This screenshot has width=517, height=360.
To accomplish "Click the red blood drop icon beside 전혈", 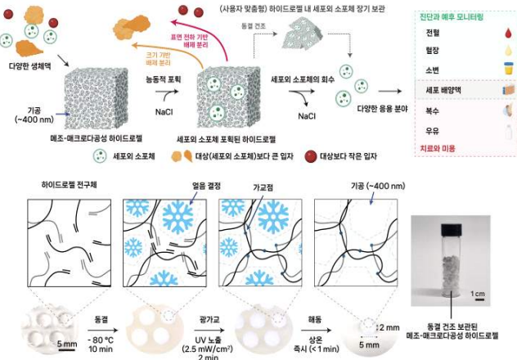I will click(x=507, y=33).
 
